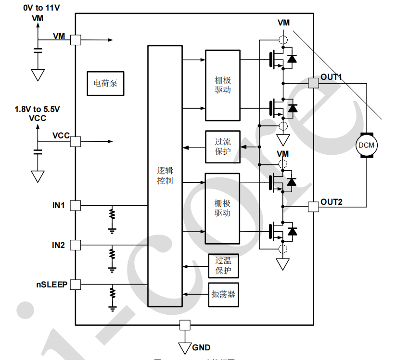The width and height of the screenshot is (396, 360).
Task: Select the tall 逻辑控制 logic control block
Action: (x=165, y=176)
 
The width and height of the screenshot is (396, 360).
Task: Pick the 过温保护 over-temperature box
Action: (x=223, y=266)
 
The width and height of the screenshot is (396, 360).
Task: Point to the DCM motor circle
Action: (x=367, y=145)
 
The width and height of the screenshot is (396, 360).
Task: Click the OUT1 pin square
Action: (x=313, y=83)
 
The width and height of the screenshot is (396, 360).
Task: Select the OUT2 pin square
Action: (x=313, y=207)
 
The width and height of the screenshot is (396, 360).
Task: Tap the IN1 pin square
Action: (x=76, y=206)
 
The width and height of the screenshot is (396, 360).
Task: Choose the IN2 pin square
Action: (x=76, y=245)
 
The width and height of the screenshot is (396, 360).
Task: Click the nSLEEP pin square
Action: (x=76, y=285)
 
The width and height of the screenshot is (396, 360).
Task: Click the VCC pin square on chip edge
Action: (x=76, y=141)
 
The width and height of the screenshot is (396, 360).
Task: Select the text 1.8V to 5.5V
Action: (x=38, y=110)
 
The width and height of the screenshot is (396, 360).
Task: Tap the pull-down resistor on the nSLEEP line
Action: (x=112, y=293)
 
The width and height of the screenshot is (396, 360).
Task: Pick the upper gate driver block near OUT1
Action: (x=223, y=85)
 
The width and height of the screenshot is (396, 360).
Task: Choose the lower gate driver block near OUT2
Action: (x=223, y=208)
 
